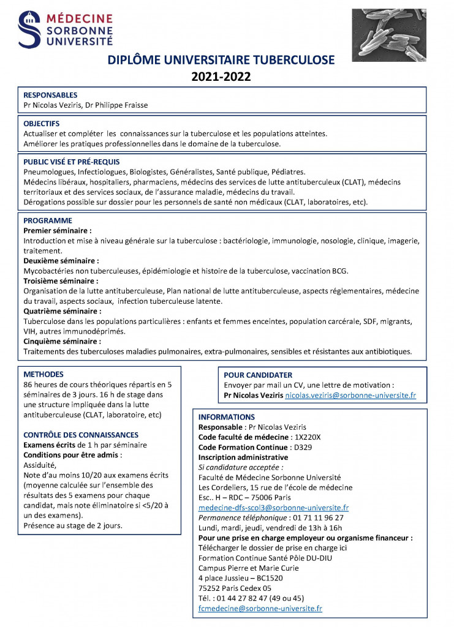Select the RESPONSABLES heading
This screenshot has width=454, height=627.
[x=50, y=95]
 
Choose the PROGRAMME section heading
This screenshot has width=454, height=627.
[x=48, y=220]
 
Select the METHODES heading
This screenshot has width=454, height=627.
[x=44, y=374]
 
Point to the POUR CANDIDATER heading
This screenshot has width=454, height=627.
[x=258, y=375]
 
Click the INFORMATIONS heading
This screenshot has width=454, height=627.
[x=227, y=417]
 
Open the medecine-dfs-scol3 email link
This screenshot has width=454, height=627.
[x=273, y=508]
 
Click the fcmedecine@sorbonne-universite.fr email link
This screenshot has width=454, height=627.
[x=260, y=608]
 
